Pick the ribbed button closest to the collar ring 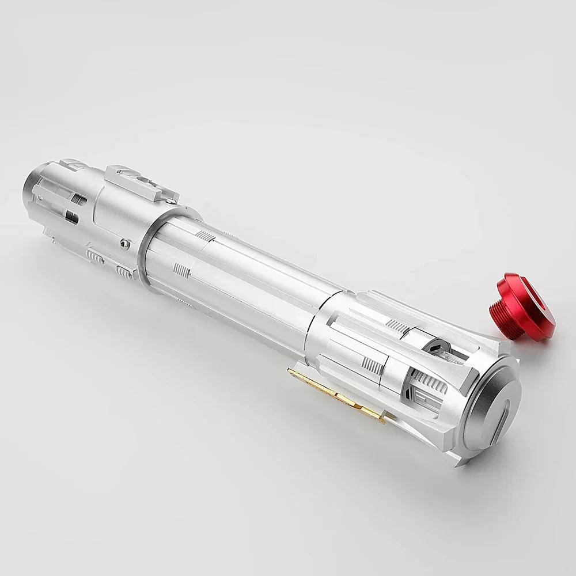[123, 271]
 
